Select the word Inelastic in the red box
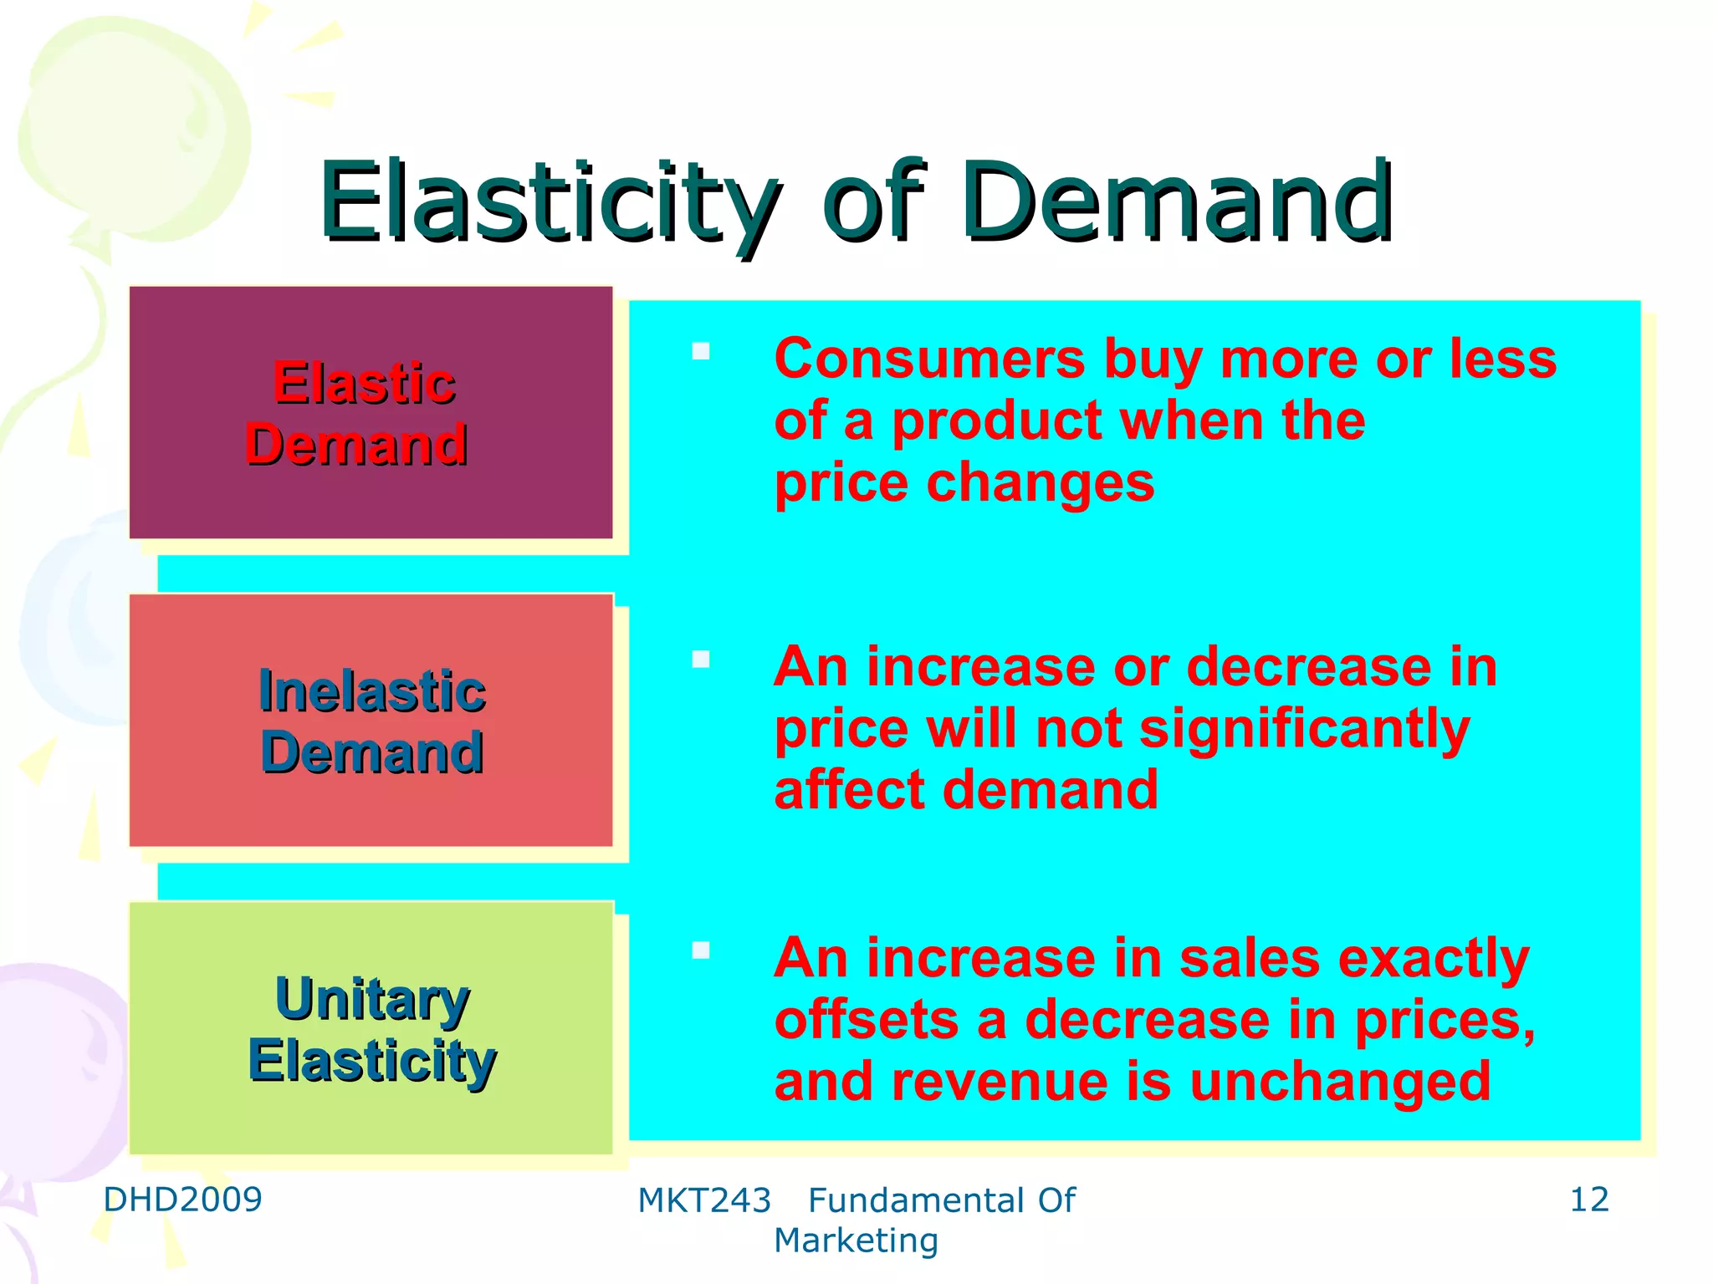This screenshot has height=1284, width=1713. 372,691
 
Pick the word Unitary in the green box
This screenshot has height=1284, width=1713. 372,999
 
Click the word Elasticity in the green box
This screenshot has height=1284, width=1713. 372,1061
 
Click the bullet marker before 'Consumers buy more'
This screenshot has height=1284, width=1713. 701,351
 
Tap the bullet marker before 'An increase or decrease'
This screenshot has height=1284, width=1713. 701,660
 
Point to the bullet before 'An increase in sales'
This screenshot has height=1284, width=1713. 701,950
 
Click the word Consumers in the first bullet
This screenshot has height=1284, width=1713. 929,359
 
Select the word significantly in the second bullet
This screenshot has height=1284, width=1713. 1304,730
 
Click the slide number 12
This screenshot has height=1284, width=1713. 1588,1200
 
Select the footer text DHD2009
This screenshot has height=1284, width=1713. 182,1200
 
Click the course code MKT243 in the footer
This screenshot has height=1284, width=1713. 703,1201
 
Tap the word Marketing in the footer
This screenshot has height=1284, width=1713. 856,1241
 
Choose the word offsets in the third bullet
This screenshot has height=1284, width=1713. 867,1021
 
